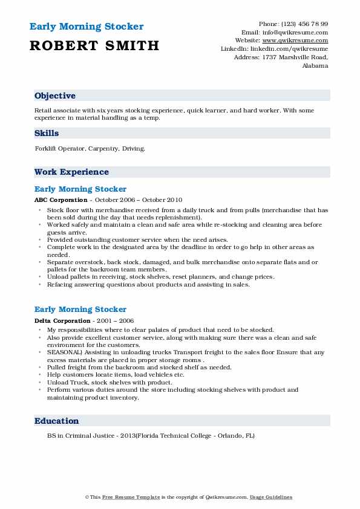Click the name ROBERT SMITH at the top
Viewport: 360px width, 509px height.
pyautogui.click(x=94, y=45)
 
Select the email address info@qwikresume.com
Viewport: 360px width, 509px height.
pyautogui.click(x=295, y=32)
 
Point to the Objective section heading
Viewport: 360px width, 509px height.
pyautogui.click(x=55, y=96)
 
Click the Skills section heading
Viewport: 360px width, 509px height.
pyautogui.click(x=47, y=134)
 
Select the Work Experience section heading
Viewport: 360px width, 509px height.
pyautogui.click(x=71, y=172)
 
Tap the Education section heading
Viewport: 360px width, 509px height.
pyautogui.click(x=57, y=421)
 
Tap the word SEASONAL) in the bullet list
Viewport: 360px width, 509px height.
pyautogui.click(x=62, y=351)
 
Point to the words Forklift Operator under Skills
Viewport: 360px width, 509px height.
pyautogui.click(x=59, y=148)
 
